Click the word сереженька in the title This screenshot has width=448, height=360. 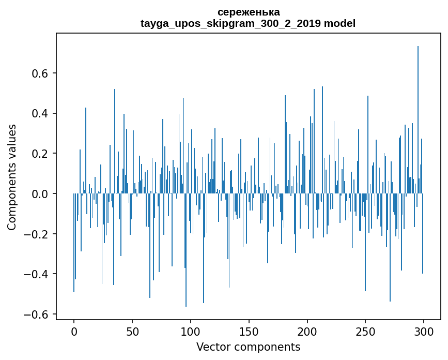click(248, 12)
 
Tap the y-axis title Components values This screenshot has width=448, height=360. click(12, 177)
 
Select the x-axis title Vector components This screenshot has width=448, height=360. click(248, 347)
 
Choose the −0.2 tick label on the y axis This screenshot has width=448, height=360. click(37, 234)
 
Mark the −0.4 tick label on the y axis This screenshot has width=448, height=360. click(37, 274)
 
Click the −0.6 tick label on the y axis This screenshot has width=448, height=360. click(37, 314)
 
